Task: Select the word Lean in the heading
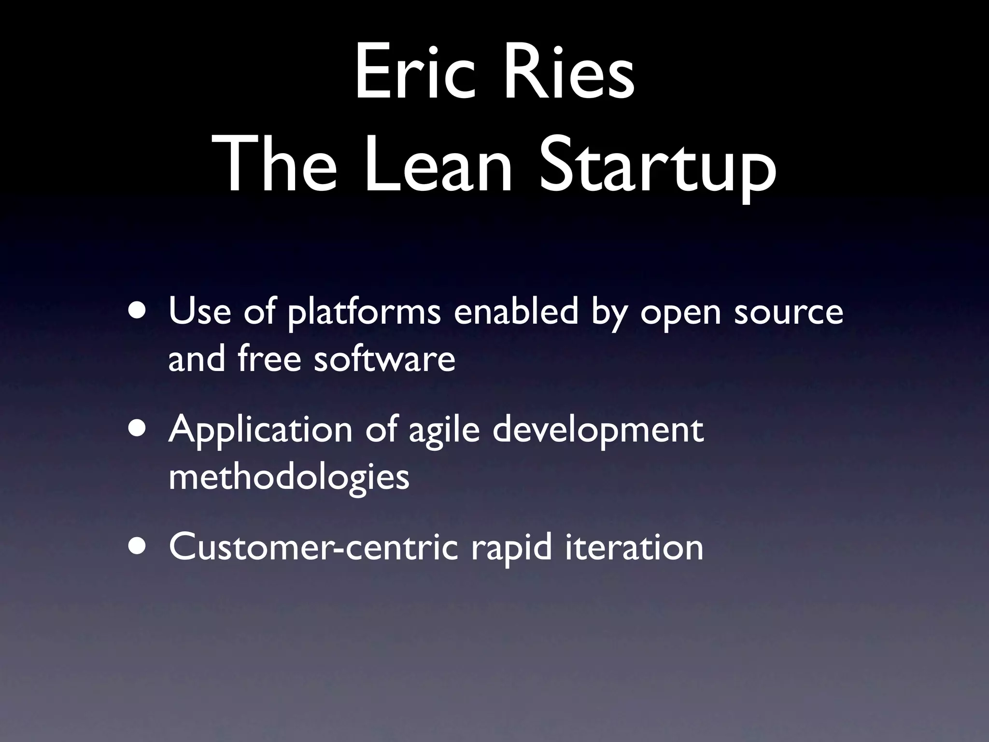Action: pos(437,162)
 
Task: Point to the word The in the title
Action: pos(281,162)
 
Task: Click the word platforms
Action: pos(364,314)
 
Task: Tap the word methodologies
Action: pos(289,478)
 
